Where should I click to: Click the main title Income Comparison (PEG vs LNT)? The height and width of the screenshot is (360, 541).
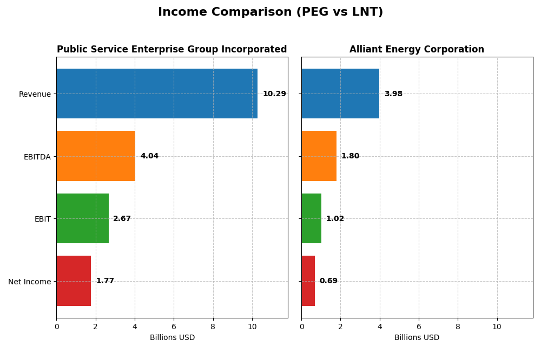coord(270,12)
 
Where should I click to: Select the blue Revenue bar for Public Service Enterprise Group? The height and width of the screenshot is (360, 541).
coord(157,94)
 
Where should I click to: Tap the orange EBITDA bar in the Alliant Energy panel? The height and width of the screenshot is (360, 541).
coord(319,156)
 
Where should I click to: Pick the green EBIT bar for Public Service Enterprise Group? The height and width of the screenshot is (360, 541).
coord(82,218)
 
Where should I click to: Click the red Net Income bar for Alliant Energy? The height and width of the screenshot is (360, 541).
coord(308,281)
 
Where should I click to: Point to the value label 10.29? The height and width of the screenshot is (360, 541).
coord(274,94)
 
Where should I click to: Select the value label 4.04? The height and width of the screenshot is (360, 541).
coord(149,156)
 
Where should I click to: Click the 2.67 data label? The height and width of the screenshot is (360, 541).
coord(122,219)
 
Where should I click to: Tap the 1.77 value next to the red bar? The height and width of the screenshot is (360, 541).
coord(105,281)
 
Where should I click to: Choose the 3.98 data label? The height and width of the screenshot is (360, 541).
coord(393,94)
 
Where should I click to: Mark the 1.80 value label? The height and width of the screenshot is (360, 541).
coord(350,156)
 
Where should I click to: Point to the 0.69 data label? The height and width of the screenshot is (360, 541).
coord(328,281)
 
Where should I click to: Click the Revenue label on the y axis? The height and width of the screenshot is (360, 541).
coord(35,94)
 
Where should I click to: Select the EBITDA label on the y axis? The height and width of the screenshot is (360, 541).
coord(37,157)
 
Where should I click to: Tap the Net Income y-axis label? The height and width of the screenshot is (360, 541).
coord(29,282)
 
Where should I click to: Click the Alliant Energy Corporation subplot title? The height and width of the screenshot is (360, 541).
coord(417,50)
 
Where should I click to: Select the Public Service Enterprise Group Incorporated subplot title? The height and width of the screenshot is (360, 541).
coord(171,50)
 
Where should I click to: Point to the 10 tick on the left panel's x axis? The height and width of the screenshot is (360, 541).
coord(252,326)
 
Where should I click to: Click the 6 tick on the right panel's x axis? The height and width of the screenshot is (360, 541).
coord(419,326)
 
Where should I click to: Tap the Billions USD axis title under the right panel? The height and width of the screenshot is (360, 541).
coord(417,338)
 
